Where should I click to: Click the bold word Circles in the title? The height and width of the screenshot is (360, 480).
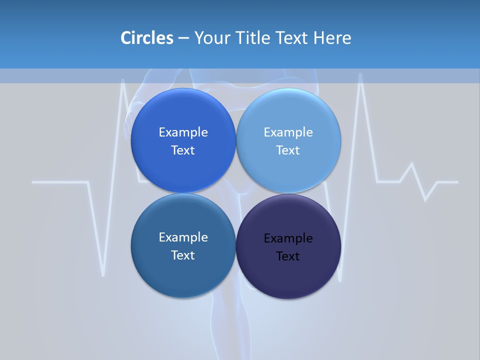click(147, 38)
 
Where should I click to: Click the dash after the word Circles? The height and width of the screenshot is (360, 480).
click(183, 38)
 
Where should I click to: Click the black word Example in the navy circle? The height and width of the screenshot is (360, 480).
click(288, 238)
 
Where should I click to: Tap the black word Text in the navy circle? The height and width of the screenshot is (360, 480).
click(288, 256)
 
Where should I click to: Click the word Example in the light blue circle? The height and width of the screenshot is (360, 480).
click(288, 132)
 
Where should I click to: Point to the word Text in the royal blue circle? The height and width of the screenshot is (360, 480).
click(183, 150)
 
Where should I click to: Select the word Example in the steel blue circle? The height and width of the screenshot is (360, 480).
click(183, 237)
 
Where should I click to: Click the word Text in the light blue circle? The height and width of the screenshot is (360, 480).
click(288, 150)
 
